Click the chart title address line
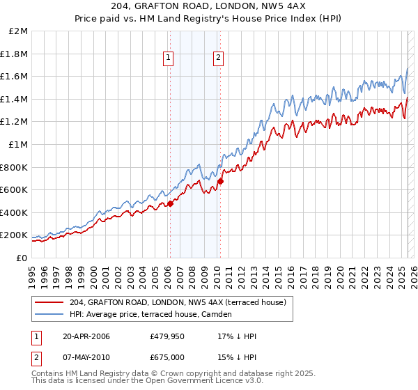point(208,7)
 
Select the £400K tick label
point(15,212)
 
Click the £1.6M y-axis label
point(15,77)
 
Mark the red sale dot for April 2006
point(169,203)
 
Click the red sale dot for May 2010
point(220,181)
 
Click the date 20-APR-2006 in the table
point(86,336)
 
